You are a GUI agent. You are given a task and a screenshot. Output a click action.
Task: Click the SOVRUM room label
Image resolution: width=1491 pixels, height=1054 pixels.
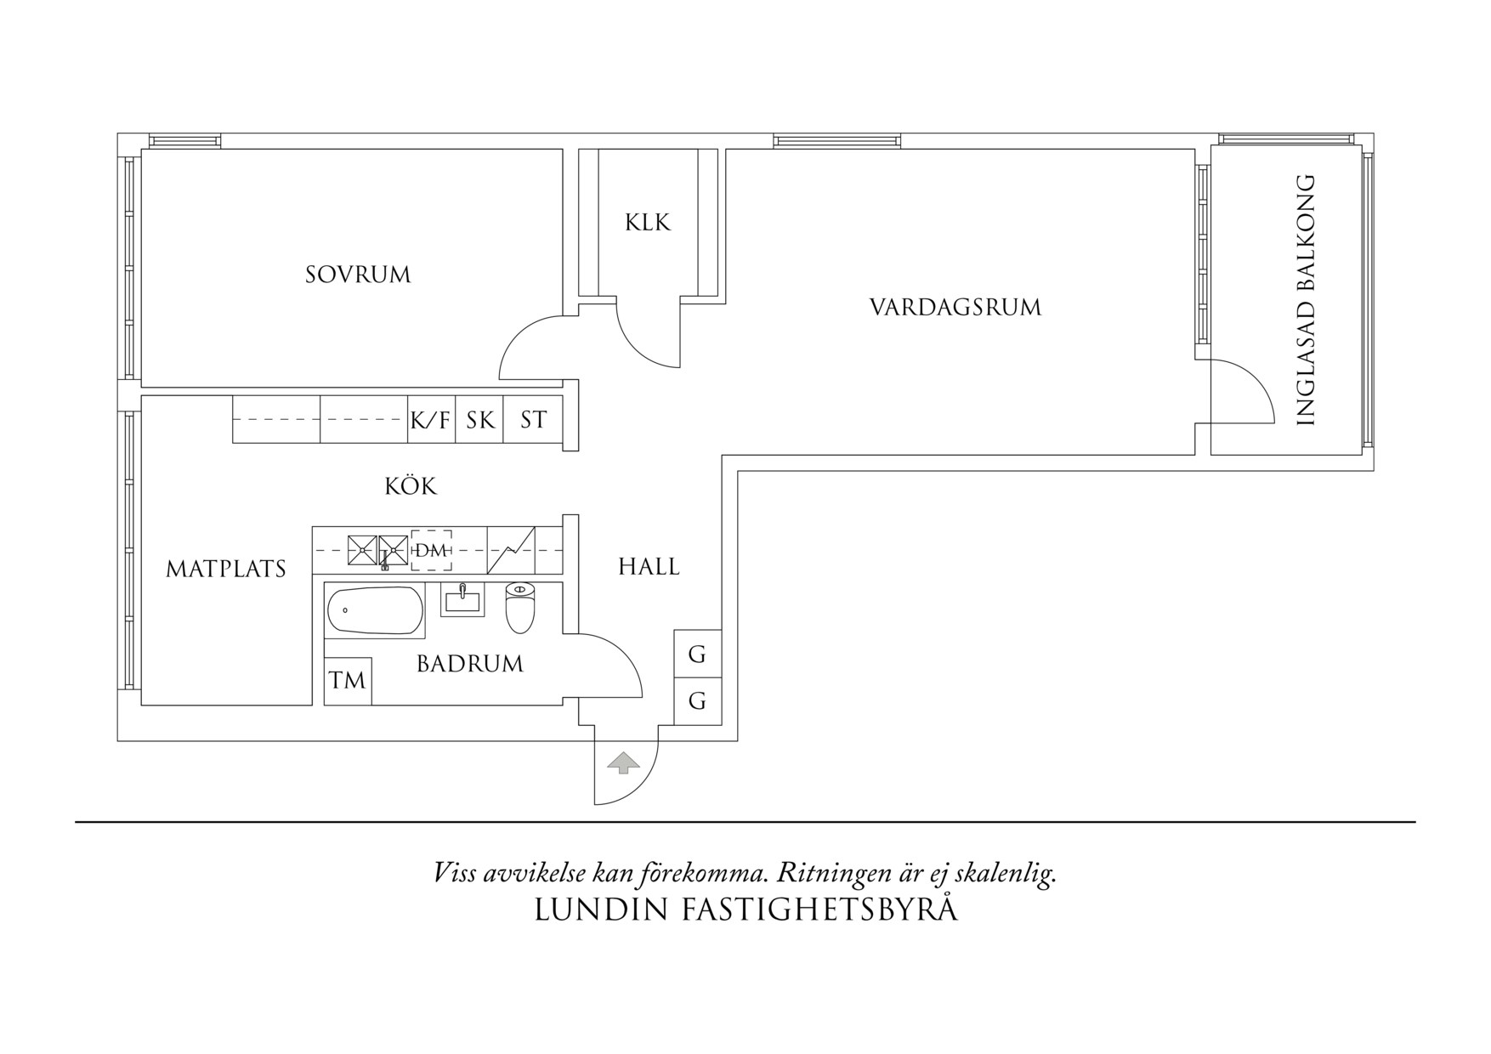[x=358, y=275]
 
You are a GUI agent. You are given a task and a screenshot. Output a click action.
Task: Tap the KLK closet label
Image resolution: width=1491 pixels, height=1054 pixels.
[x=648, y=223]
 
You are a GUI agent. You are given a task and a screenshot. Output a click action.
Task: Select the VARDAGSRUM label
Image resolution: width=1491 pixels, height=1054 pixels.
[x=955, y=307]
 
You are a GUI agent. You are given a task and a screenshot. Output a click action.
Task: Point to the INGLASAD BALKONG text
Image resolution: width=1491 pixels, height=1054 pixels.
[x=1306, y=300]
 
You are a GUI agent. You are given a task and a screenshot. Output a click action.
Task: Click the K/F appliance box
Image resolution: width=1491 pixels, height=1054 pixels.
[x=431, y=420]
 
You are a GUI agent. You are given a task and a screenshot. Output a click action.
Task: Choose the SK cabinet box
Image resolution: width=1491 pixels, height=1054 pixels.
[x=480, y=420]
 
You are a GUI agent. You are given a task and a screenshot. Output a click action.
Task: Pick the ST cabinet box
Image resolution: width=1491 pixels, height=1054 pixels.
[x=533, y=420]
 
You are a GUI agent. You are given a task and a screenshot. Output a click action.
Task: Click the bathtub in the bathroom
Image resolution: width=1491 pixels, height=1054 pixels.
[x=375, y=611]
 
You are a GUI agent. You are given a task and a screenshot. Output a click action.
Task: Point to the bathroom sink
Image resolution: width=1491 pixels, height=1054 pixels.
[x=462, y=601]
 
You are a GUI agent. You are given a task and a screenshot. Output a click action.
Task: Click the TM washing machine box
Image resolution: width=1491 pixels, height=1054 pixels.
[x=348, y=681]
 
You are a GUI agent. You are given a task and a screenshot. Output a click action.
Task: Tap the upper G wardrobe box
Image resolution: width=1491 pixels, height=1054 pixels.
[x=697, y=654]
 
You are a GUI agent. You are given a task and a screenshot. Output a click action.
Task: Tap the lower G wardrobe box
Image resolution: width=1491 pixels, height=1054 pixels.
[x=697, y=701]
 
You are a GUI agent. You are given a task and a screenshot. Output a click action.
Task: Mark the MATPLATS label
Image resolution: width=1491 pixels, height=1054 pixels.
[x=225, y=569]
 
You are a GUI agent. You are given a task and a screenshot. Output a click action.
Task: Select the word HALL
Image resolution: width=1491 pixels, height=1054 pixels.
[x=649, y=567]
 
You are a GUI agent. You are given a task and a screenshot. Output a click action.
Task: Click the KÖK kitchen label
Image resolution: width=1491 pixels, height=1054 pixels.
[x=411, y=486]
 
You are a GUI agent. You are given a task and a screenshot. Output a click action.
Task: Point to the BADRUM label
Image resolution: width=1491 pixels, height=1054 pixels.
[x=470, y=664]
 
